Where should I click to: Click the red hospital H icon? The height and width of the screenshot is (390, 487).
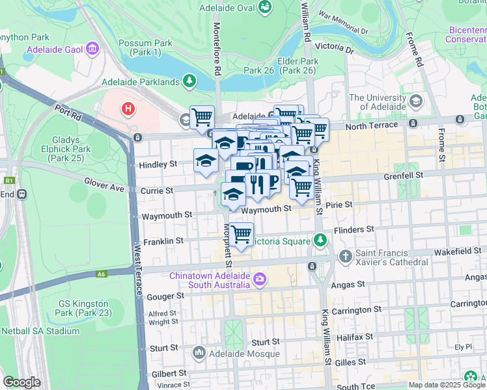129,108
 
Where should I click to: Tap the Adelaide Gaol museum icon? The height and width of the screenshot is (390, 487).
92,49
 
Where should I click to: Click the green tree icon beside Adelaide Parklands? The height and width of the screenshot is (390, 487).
189,81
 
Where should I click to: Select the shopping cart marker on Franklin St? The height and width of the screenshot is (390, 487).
241,234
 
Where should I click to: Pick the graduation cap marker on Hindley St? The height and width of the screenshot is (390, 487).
206,160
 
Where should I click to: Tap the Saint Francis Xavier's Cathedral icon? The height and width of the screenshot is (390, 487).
346,256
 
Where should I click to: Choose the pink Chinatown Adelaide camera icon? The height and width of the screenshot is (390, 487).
260,279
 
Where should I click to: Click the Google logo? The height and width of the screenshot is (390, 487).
21,382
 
